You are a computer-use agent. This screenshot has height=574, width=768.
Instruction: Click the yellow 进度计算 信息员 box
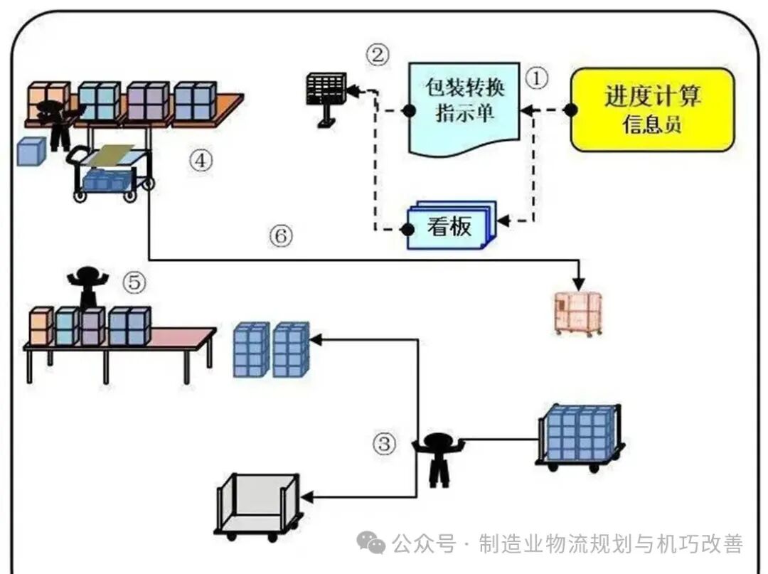(x=652, y=110)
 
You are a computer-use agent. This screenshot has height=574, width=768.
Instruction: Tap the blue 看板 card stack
(x=449, y=227)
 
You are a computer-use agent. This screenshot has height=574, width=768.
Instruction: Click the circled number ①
(x=536, y=78)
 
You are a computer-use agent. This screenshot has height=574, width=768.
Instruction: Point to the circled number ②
(x=378, y=54)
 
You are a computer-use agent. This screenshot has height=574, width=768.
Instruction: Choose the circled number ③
(x=384, y=444)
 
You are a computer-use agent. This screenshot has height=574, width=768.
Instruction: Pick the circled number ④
(x=201, y=161)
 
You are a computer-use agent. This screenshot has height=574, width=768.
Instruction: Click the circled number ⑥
(x=281, y=235)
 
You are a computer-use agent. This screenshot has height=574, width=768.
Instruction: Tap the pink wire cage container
(x=578, y=312)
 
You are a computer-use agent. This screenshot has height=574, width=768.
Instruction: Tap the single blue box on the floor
(x=31, y=152)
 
